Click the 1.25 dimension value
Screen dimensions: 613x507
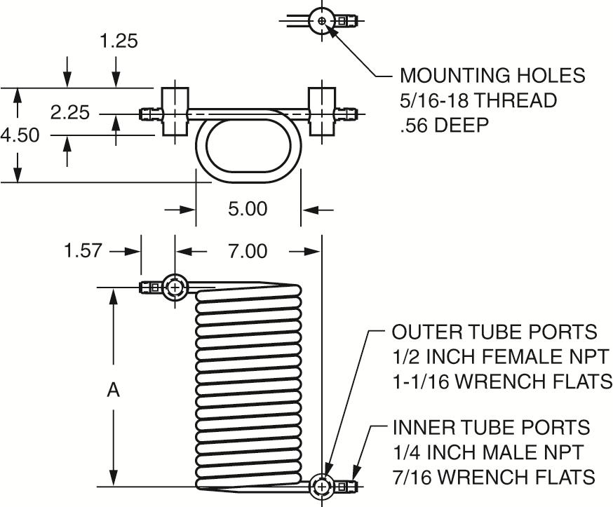click(x=119, y=41)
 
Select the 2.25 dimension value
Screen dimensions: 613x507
click(x=70, y=113)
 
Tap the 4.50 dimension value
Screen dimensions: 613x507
click(x=20, y=135)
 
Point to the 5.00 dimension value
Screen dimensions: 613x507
click(x=248, y=209)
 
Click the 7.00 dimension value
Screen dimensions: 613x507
click(x=248, y=250)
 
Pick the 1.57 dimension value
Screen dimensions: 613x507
click(x=83, y=250)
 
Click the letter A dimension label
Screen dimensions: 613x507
click(x=113, y=390)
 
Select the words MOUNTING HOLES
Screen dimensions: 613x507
click(x=492, y=76)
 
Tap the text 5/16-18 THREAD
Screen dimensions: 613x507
click(x=478, y=100)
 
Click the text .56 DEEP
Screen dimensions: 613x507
click(x=445, y=125)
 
